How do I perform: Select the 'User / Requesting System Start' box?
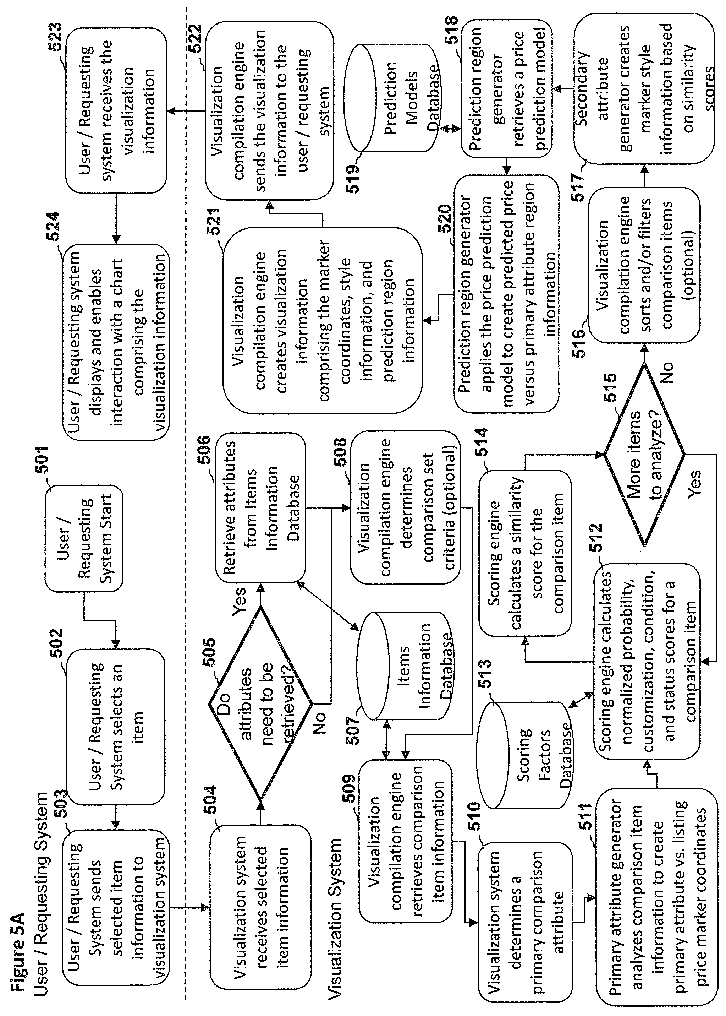pyautogui.click(x=84, y=539)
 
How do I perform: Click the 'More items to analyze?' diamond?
pyautogui.click(x=644, y=455)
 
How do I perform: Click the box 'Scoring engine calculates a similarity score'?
pyautogui.click(x=525, y=553)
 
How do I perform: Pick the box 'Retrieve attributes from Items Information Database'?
pyautogui.click(x=260, y=507)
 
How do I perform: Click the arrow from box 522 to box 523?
pyautogui.click(x=186, y=110)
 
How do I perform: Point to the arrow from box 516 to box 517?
pyautogui.click(x=644, y=175)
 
